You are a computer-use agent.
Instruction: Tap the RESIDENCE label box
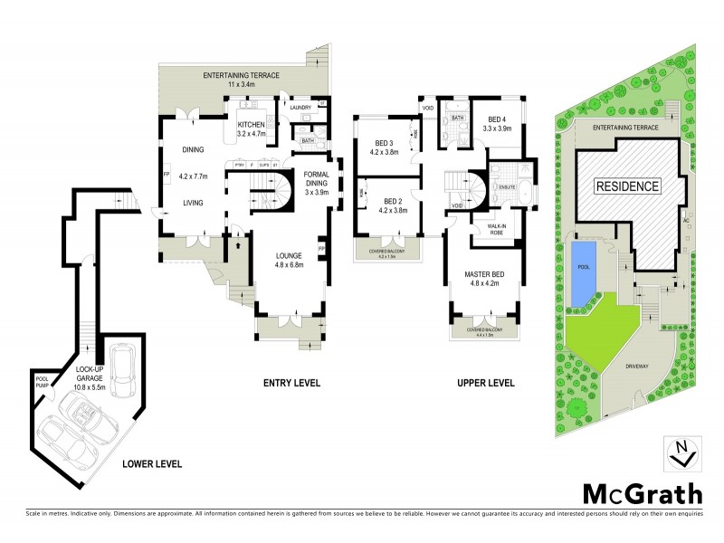click(x=627, y=186)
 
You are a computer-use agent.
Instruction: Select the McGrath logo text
click(x=641, y=494)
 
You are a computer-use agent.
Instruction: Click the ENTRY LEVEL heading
click(x=291, y=384)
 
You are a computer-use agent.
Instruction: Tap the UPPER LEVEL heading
click(x=485, y=384)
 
